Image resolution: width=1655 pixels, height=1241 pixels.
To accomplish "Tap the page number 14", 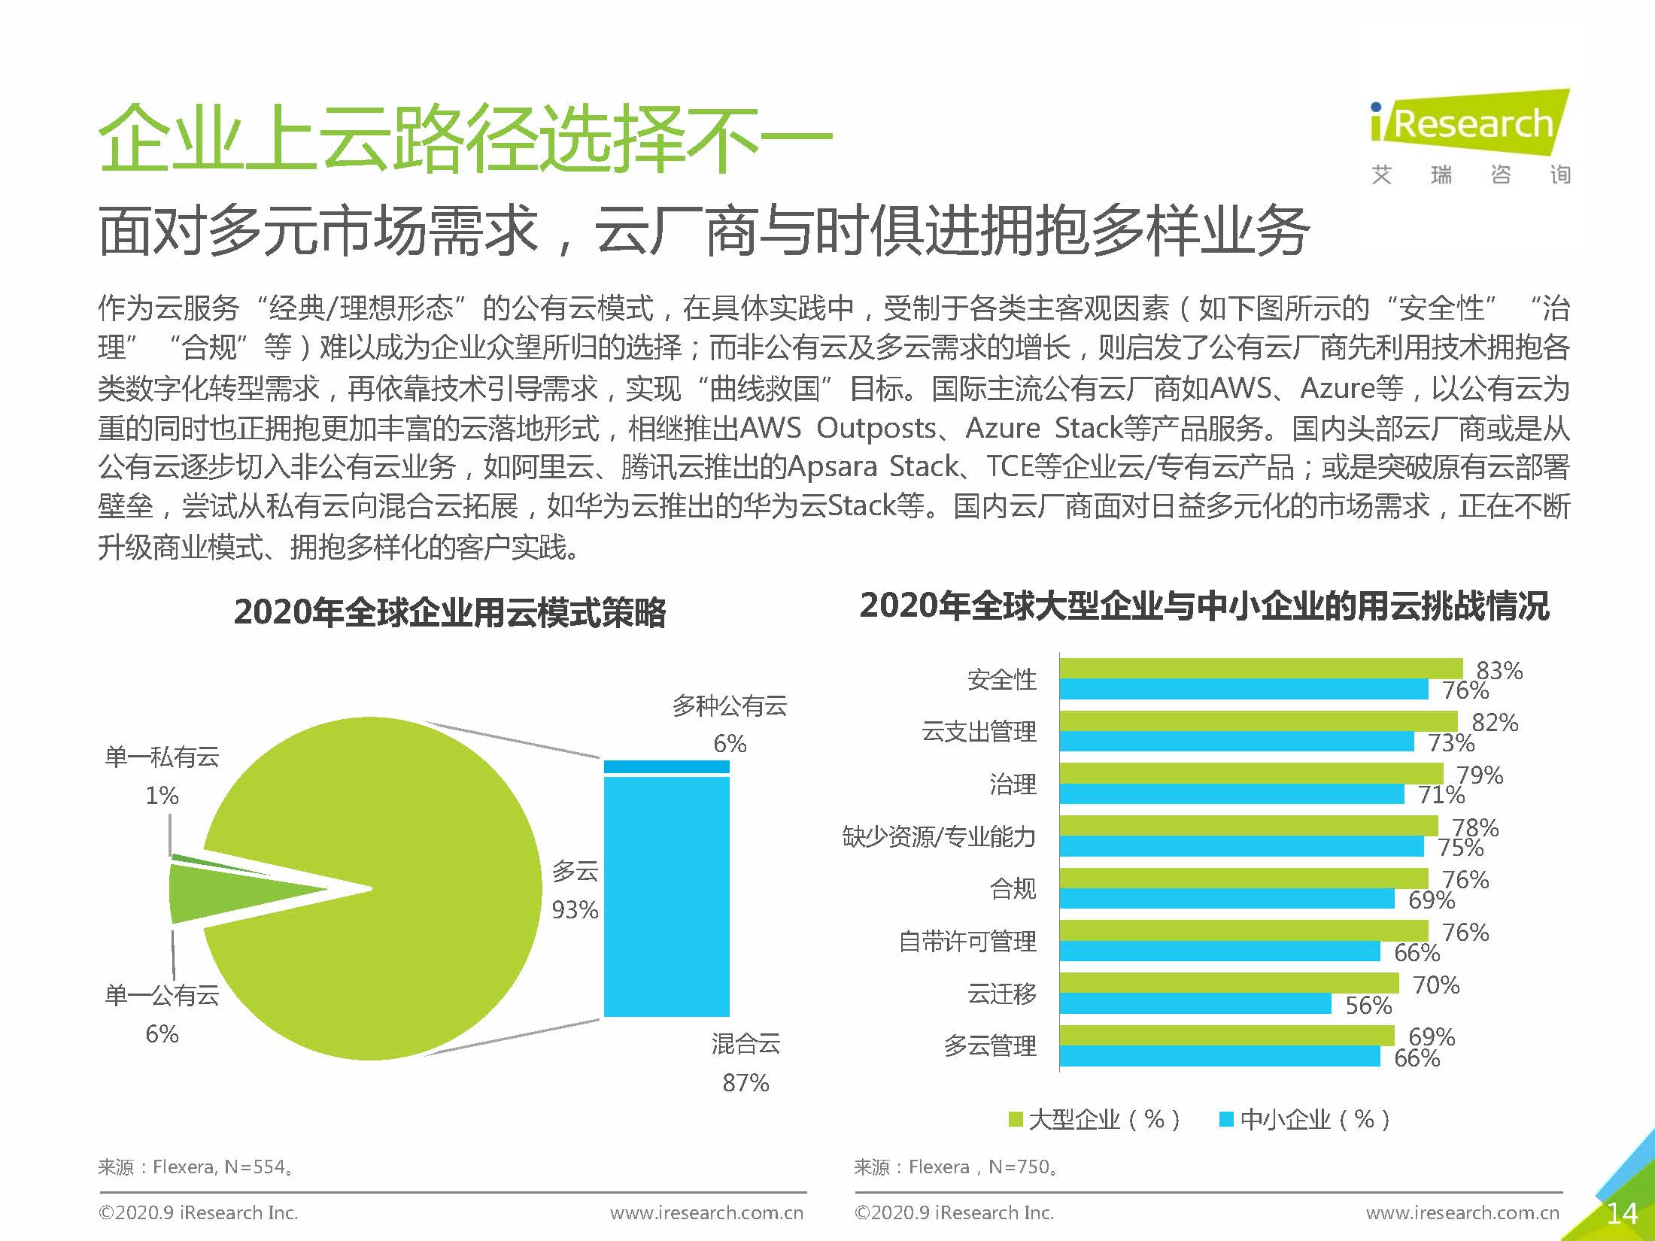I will tap(1621, 1212).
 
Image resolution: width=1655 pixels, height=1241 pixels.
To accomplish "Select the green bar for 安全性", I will tap(1261, 668).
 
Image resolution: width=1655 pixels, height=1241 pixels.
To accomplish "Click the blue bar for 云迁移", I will tap(1195, 1003).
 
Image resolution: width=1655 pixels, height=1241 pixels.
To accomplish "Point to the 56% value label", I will tap(1368, 1005).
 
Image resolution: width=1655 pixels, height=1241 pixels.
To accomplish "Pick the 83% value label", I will tap(1499, 669).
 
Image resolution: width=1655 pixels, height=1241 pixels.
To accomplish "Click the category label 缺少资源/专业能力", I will tap(939, 836).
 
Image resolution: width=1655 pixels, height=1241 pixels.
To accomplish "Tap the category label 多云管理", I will tap(990, 1045).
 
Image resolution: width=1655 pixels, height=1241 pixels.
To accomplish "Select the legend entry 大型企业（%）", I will tap(1095, 1119).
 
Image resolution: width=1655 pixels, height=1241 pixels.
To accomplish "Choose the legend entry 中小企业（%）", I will tap(1305, 1119).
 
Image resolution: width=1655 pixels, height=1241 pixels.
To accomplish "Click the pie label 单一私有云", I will tap(162, 757).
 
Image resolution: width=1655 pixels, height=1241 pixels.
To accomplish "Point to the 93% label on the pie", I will tap(575, 910).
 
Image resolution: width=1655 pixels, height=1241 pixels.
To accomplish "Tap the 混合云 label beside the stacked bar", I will tap(746, 1044).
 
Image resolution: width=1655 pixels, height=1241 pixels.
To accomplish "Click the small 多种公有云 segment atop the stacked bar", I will tap(667, 766).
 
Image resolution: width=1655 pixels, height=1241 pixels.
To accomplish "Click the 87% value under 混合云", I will tap(746, 1083).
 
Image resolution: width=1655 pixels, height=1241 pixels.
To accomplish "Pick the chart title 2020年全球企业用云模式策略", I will tap(450, 611).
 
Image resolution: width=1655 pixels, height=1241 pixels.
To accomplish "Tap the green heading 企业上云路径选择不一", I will tap(465, 139).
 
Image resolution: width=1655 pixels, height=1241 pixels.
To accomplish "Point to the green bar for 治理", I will tap(1251, 772).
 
